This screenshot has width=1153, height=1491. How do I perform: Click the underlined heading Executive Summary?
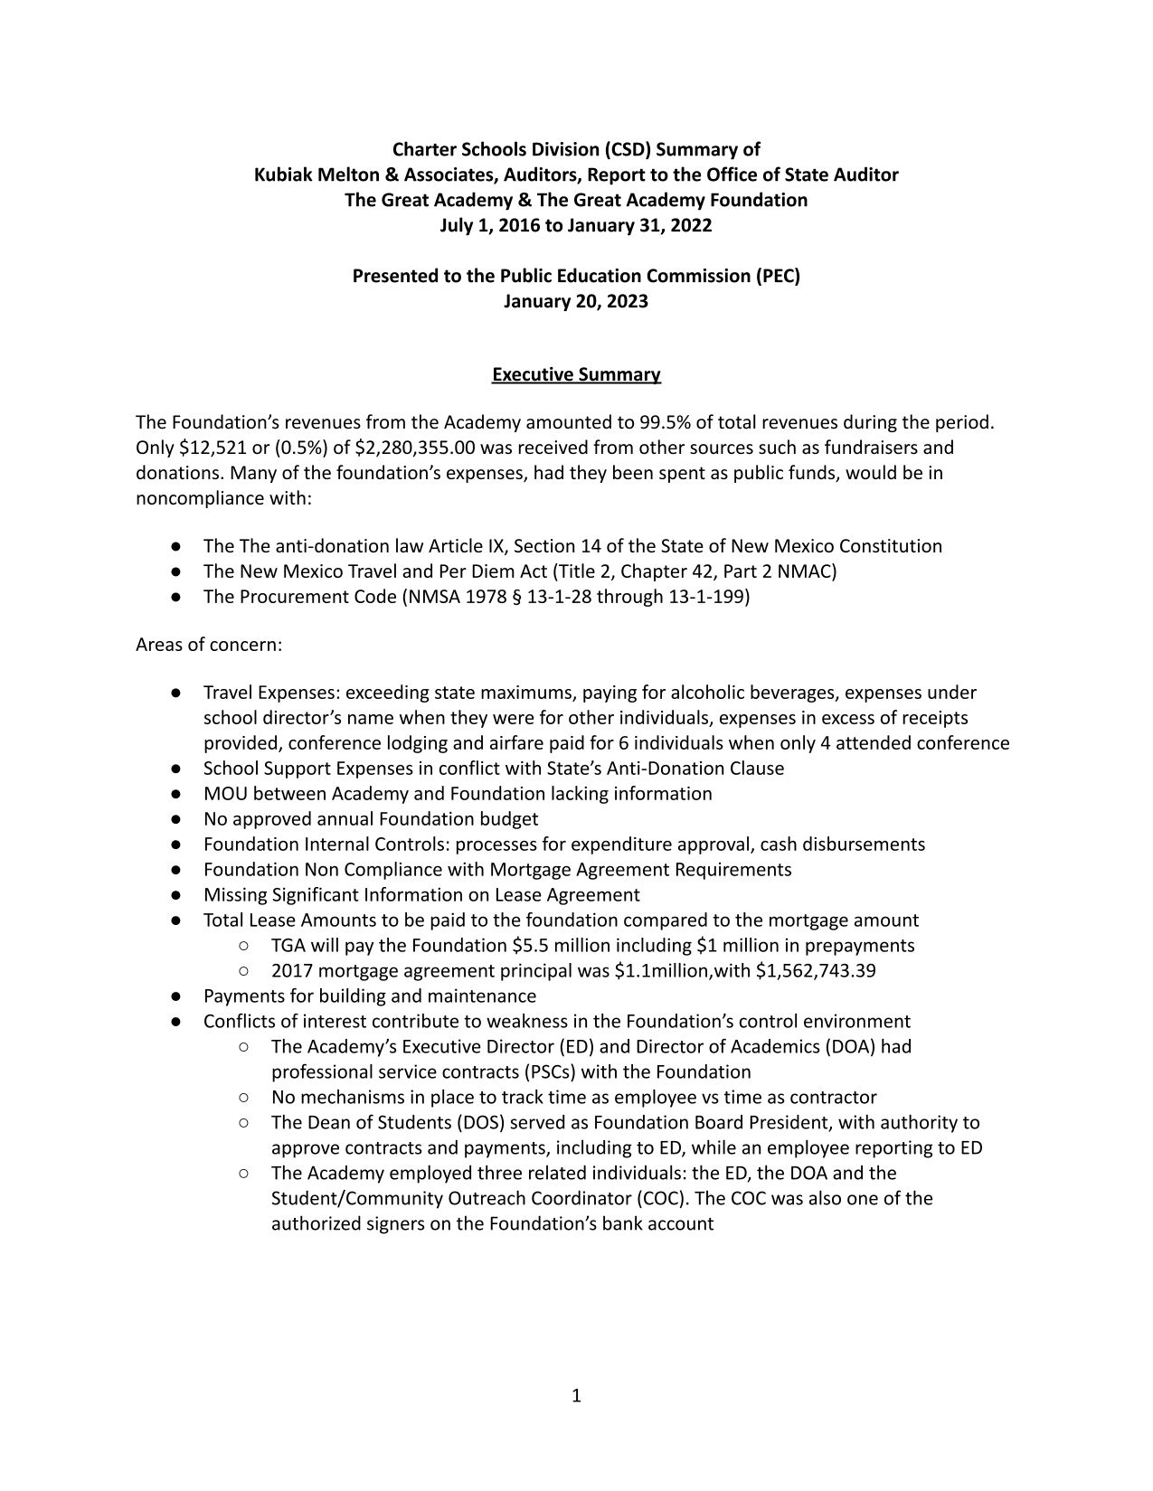click(576, 374)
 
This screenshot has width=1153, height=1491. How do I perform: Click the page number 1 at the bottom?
click(576, 1396)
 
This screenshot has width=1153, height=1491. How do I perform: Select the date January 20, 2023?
click(576, 301)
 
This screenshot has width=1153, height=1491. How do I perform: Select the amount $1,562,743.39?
click(816, 971)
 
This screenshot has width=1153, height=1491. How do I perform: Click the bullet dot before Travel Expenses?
click(175, 693)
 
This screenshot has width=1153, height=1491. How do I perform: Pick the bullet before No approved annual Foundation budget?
click(175, 819)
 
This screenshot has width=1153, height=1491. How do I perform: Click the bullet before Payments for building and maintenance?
click(175, 996)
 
